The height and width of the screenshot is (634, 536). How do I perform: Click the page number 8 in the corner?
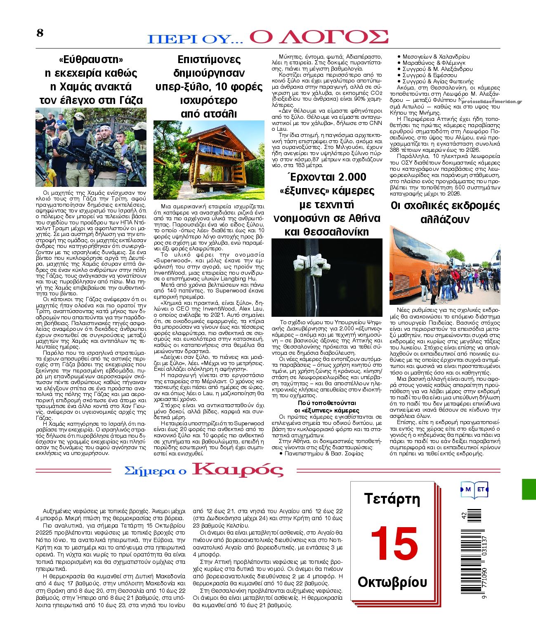coord(40,33)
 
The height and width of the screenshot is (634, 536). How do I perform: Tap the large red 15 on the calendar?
coord(394,543)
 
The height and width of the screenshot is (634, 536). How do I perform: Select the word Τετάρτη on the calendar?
coord(392,499)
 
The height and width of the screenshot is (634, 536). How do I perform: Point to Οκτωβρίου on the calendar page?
coord(392,582)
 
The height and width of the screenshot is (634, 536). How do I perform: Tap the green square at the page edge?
coord(529,489)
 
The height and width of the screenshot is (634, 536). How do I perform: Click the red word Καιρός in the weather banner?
coord(238,469)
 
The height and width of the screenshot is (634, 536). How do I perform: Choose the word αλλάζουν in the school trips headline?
coord(445,219)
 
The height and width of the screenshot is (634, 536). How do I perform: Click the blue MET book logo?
coord(474,489)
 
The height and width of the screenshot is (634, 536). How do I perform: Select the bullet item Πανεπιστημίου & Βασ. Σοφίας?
coord(324,453)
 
